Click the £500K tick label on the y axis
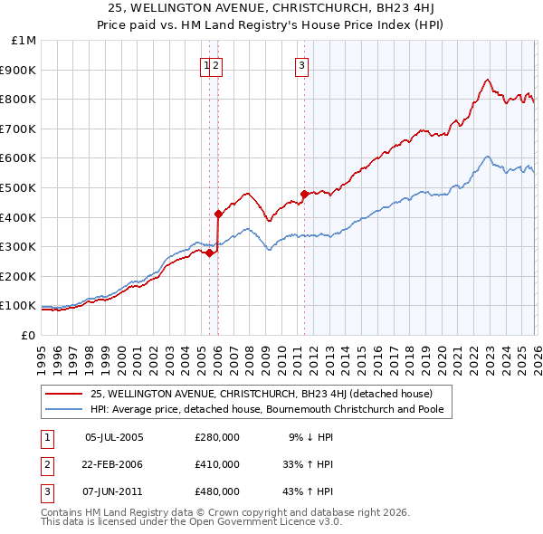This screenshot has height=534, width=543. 19,187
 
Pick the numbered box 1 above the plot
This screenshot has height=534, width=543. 207,64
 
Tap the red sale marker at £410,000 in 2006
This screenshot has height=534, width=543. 218,214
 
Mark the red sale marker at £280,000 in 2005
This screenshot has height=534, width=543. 209,253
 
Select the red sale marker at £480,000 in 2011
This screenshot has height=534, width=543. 303,193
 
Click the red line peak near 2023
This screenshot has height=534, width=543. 488,80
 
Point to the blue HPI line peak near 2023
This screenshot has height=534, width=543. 488,157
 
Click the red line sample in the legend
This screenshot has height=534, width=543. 64,394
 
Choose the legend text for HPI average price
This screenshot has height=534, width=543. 272,409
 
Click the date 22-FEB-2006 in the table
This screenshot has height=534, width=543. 114,464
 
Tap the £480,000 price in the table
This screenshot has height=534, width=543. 217,491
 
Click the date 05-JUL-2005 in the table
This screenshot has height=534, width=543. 114,437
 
